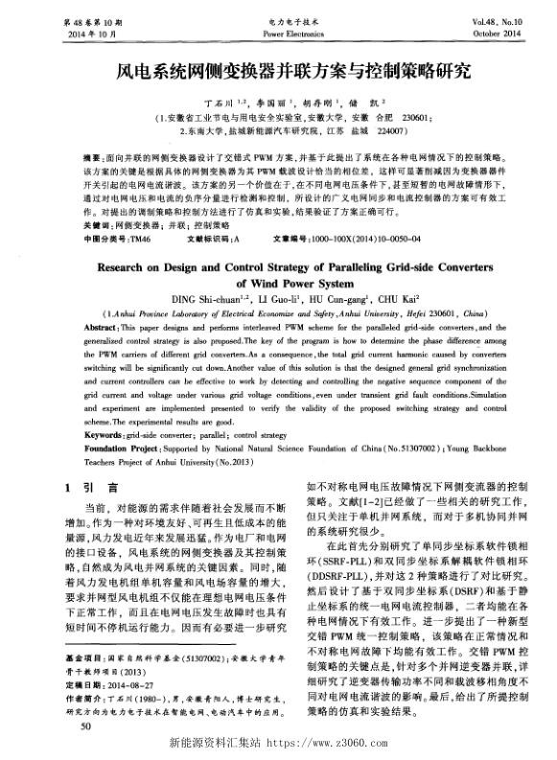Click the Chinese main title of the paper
[279, 71]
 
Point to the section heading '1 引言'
[92, 487]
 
